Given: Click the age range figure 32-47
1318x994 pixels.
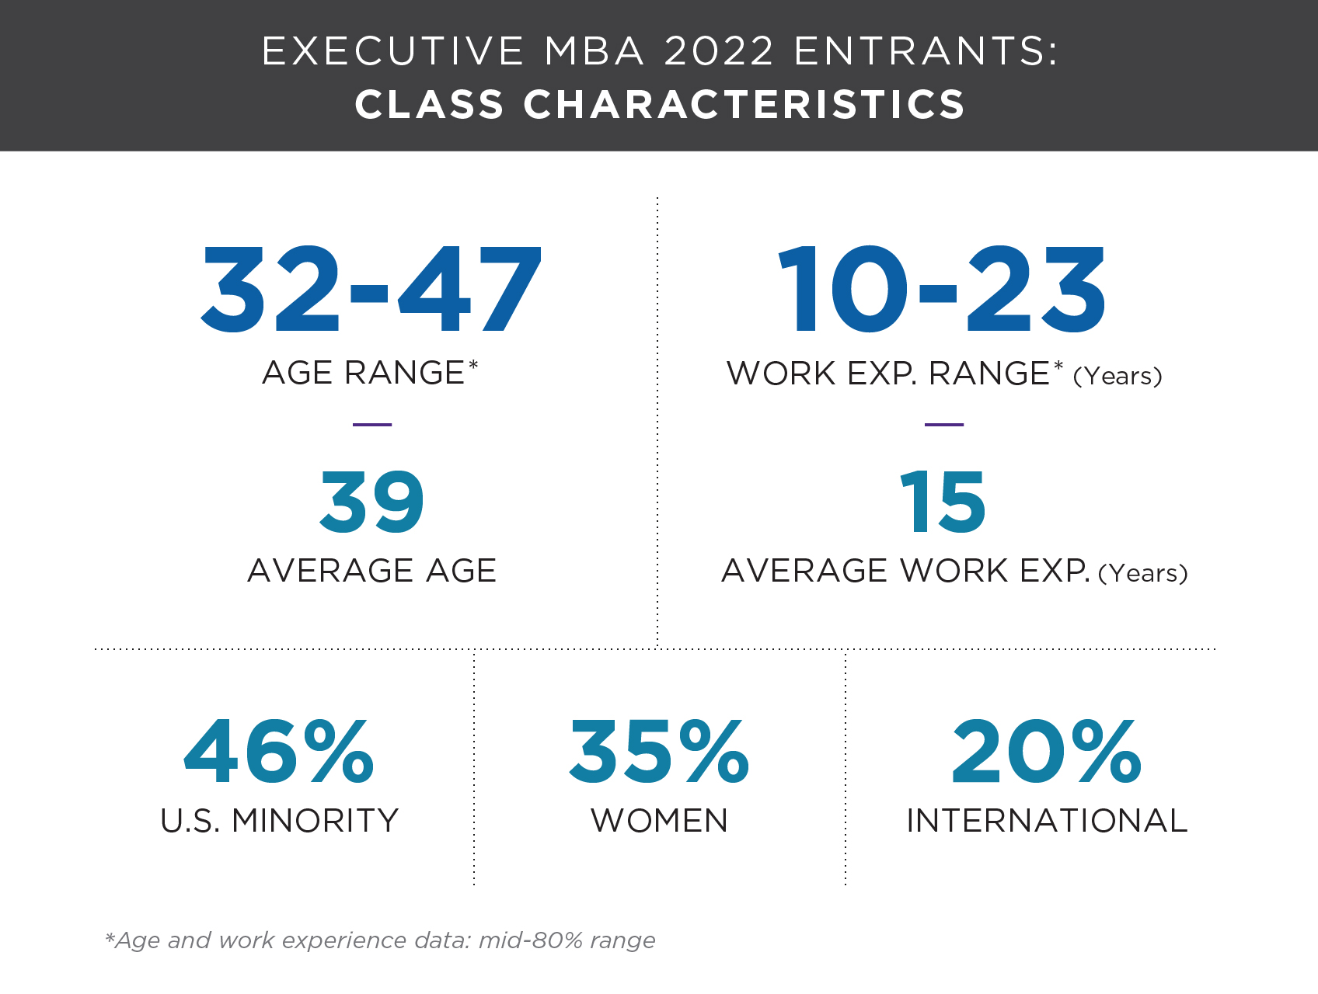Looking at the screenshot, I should tap(371, 290).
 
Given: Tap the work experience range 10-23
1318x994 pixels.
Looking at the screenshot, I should tap(942, 290).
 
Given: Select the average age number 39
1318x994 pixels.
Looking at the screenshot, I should tap(372, 502).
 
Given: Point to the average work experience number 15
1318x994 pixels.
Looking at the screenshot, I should tap(943, 502).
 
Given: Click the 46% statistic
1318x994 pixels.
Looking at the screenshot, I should tap(279, 751).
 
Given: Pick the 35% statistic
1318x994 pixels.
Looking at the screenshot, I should tap(659, 751).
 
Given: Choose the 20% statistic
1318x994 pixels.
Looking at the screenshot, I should tap(1046, 751).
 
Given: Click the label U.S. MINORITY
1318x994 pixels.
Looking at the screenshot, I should tap(279, 821).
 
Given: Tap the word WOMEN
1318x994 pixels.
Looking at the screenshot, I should tap(659, 821).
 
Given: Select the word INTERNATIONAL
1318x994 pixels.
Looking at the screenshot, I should tap(1047, 821).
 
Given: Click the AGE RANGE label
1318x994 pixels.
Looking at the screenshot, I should tap(364, 373).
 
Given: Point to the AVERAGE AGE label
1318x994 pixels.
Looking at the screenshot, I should tap(372, 571).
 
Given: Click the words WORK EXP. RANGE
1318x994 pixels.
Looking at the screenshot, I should tap(888, 374).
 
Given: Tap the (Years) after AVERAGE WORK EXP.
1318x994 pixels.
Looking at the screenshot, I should tap(1143, 573).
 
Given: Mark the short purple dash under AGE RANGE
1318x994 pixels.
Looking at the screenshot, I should tap(372, 425).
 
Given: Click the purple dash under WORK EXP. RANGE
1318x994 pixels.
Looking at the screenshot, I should tap(944, 425).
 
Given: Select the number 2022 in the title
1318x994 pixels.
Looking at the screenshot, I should tap(720, 51).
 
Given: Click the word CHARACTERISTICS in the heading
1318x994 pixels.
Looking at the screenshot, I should tap(744, 105).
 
